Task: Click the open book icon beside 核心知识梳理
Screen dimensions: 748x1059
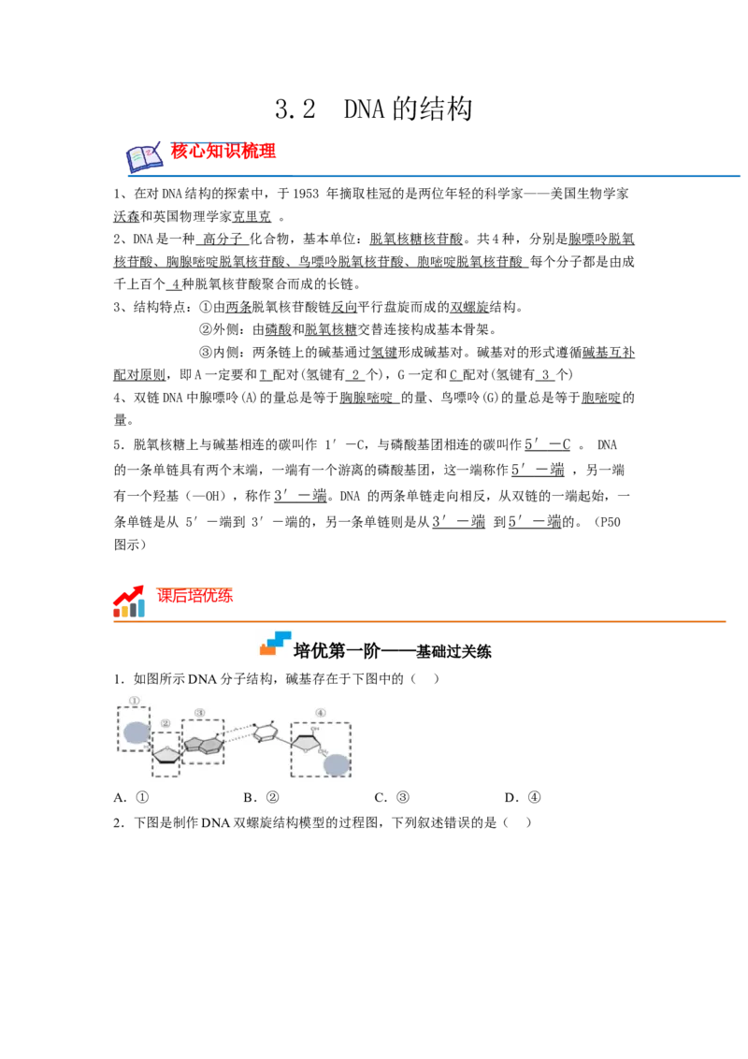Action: pyautogui.click(x=145, y=156)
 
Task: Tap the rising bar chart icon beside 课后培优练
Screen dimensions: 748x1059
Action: pyautogui.click(x=129, y=602)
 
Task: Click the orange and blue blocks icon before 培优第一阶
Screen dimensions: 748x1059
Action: pyautogui.click(x=276, y=644)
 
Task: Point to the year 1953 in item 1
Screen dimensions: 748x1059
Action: pyautogui.click(x=307, y=194)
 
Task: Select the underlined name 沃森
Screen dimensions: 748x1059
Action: pyautogui.click(x=126, y=217)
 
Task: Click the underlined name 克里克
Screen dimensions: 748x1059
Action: pyautogui.click(x=252, y=217)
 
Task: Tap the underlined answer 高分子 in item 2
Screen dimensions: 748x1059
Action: pyautogui.click(x=223, y=239)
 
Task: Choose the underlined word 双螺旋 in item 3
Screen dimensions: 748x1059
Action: pyautogui.click(x=470, y=307)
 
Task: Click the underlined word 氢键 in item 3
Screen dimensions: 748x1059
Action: pyautogui.click(x=384, y=353)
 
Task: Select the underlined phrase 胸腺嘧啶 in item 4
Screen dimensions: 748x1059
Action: pyautogui.click(x=366, y=399)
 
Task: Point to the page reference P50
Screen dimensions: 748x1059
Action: pyautogui.click(x=610, y=522)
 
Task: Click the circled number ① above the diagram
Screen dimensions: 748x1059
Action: pyautogui.click(x=135, y=701)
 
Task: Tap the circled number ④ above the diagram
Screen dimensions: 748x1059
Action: pyautogui.click(x=320, y=713)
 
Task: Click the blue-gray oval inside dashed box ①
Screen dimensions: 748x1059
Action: pyautogui.click(x=137, y=733)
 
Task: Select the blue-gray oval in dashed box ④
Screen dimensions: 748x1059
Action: pyautogui.click(x=337, y=764)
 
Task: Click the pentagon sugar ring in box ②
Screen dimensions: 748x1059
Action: pyautogui.click(x=166, y=752)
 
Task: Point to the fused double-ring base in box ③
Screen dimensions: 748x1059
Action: pyautogui.click(x=204, y=743)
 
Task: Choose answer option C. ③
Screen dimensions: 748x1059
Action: pyautogui.click(x=392, y=798)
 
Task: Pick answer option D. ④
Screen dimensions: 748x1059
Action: pyautogui.click(x=524, y=798)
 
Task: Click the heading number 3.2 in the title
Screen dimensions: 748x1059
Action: pyautogui.click(x=295, y=109)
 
